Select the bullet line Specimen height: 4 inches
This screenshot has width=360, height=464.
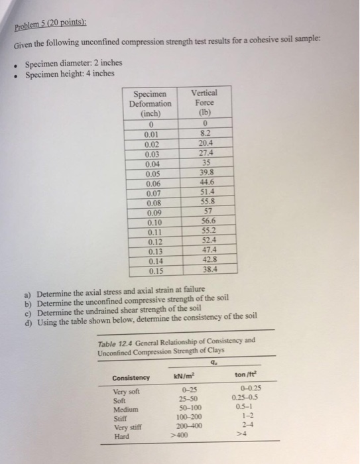70,74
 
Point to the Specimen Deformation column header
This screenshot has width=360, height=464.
152,104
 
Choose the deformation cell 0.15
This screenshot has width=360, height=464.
153,270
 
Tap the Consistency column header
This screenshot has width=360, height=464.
130,377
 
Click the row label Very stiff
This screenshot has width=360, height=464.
127,428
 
